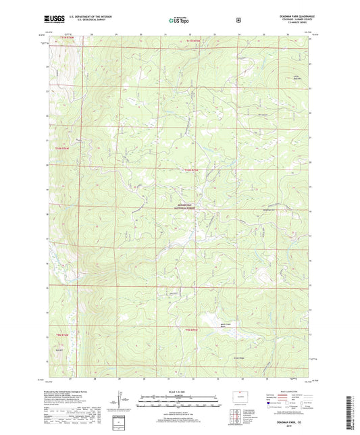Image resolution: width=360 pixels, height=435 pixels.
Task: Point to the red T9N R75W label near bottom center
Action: coord(193,329)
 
